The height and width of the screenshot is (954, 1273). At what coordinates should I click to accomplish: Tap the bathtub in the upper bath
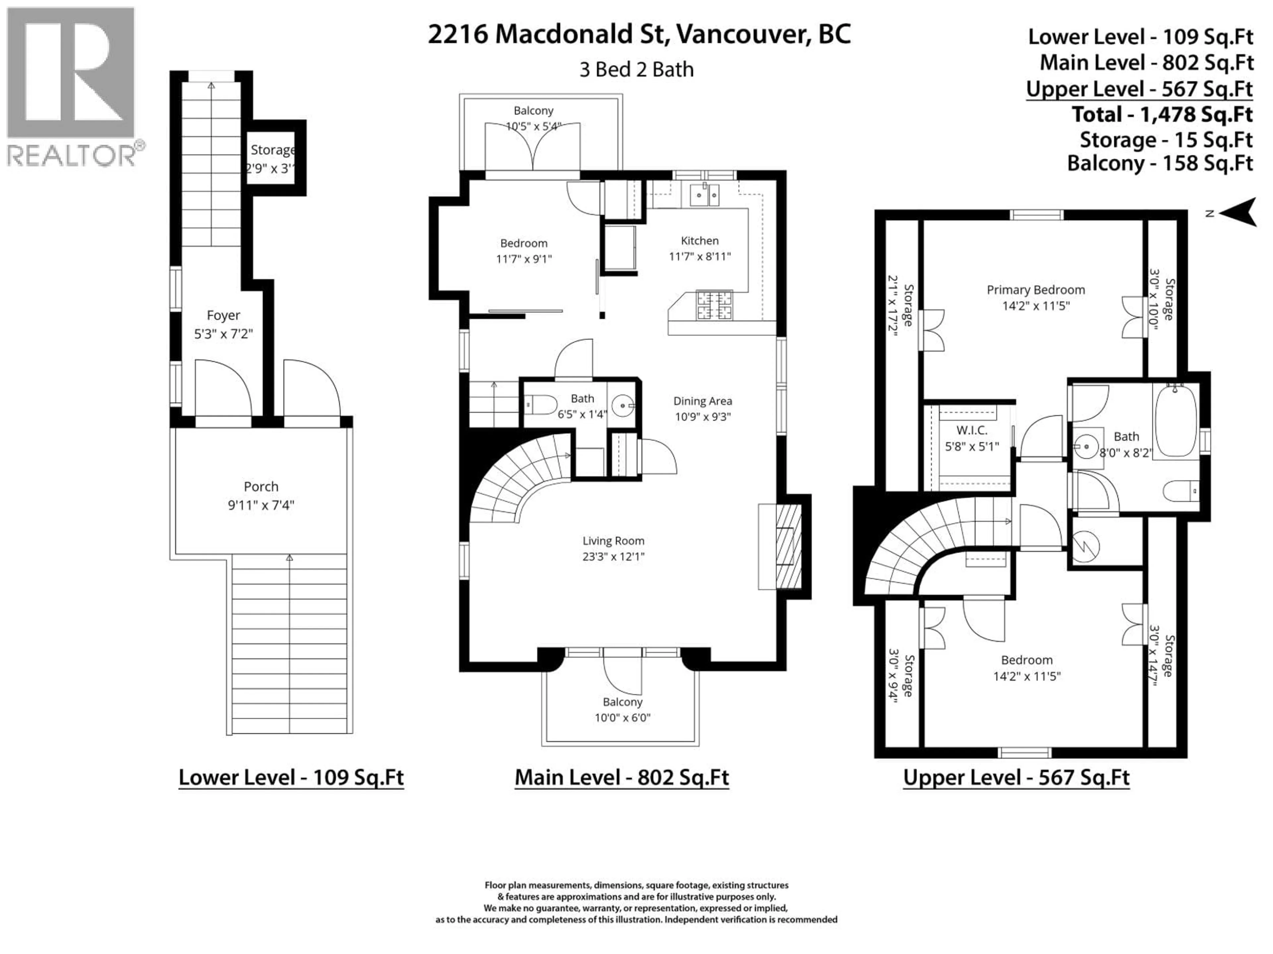[x=1176, y=421]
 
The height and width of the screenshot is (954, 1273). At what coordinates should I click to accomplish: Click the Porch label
[x=261, y=487]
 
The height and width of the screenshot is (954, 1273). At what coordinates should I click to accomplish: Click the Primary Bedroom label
[x=1036, y=290]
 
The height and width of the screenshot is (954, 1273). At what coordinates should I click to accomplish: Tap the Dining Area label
[x=703, y=401]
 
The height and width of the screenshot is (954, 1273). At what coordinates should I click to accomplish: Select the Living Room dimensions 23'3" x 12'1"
[x=614, y=556]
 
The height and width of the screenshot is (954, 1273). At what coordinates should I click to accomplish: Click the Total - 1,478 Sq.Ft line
[x=1162, y=114]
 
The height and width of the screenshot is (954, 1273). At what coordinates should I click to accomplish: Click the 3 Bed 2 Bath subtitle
[x=636, y=70]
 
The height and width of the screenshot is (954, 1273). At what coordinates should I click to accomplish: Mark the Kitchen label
[x=700, y=240]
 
